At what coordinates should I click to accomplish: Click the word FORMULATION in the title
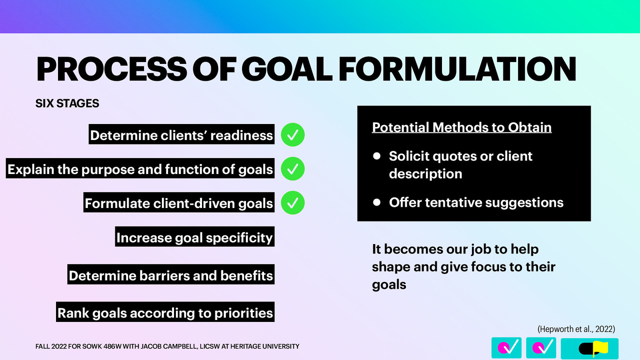tap(457, 69)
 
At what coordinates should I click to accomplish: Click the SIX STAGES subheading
tap(67, 104)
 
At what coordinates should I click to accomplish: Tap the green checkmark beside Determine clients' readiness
tap(293, 135)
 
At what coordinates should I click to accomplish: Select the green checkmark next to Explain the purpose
tap(293, 169)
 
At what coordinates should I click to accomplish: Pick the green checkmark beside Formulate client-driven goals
tap(293, 203)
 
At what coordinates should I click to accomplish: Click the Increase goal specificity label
tap(194, 237)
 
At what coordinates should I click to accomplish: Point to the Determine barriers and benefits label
tap(171, 275)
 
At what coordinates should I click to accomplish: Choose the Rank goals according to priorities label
tap(165, 312)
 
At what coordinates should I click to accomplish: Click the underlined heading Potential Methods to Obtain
tap(462, 127)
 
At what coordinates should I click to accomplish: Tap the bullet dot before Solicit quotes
tap(376, 156)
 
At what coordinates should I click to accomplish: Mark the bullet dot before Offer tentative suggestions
tap(376, 202)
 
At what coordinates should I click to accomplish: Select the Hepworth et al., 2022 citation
tap(576, 329)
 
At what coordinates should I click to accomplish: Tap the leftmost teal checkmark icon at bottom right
tap(506, 348)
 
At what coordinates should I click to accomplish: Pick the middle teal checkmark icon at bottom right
tap(541, 348)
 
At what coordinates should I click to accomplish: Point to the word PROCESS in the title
tap(111, 69)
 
